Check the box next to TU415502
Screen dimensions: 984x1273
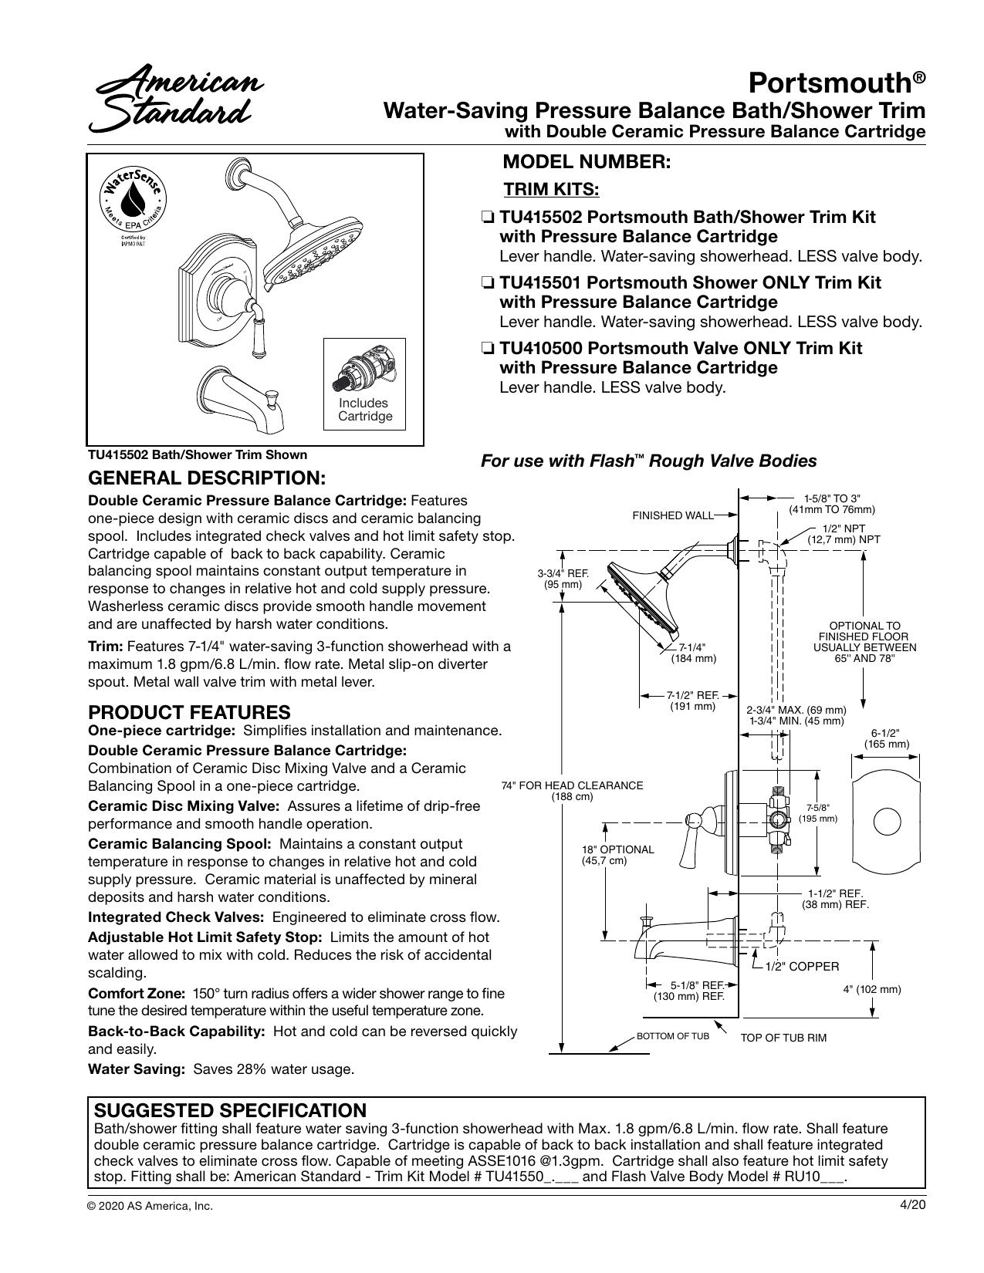487,218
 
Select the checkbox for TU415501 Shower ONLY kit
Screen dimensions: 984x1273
487,284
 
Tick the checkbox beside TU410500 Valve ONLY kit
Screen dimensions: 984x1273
487,349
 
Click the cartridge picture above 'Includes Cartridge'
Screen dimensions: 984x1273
364,369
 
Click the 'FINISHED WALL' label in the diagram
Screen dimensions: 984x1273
673,515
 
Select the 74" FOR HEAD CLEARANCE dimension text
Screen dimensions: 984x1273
572,791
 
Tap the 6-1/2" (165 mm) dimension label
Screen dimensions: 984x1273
886,739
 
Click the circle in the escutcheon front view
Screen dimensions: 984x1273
887,822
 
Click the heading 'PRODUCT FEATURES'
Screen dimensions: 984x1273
189,712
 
